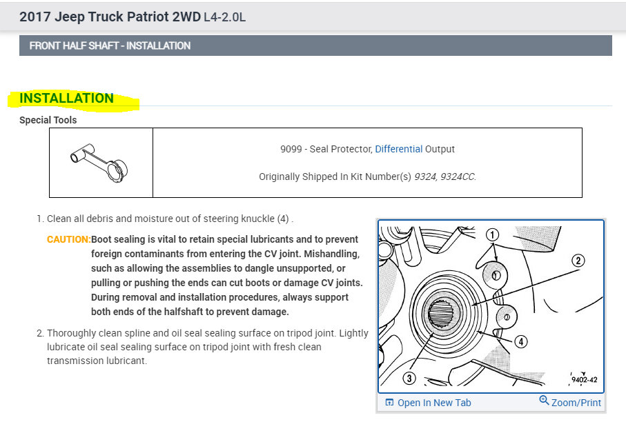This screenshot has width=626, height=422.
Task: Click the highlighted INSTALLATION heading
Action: tap(66, 98)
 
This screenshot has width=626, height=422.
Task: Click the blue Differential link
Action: tap(398, 149)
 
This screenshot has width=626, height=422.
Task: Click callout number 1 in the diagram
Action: tap(492, 234)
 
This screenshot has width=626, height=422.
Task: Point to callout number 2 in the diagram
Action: tap(578, 261)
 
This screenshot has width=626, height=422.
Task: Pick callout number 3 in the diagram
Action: tap(409, 378)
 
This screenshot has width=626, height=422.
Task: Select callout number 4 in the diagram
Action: tap(520, 341)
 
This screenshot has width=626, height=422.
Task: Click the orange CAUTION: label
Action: tap(68, 239)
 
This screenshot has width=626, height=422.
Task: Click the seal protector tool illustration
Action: tap(99, 163)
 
